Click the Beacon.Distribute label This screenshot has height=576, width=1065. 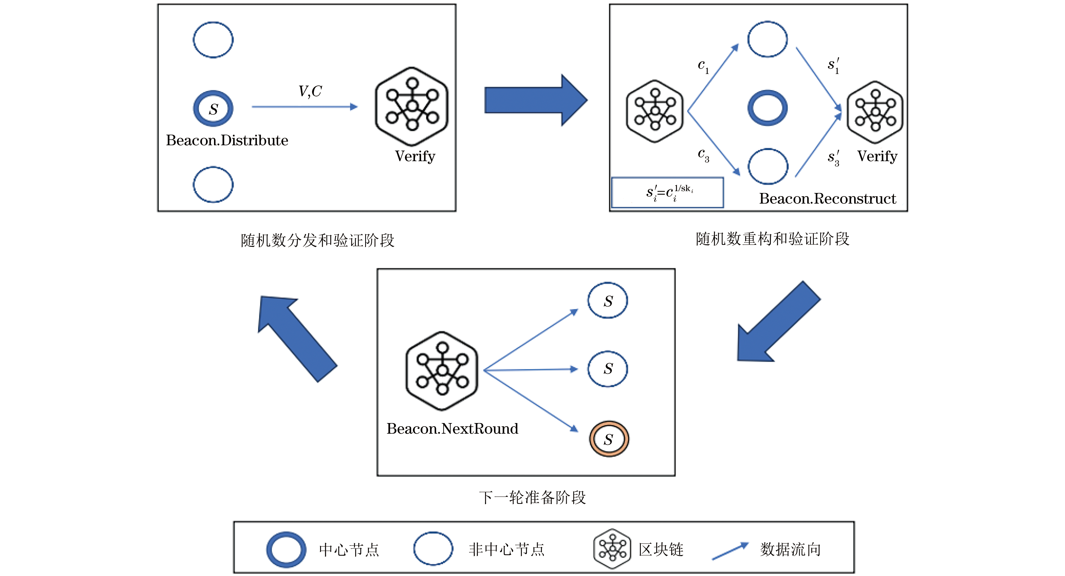click(x=227, y=140)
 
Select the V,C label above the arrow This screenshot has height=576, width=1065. click(x=310, y=91)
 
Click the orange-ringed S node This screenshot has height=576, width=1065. click(x=609, y=439)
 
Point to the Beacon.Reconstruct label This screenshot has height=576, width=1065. click(x=827, y=199)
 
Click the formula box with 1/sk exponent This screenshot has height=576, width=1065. click(x=667, y=192)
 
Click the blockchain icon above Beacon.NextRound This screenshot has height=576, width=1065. click(x=442, y=371)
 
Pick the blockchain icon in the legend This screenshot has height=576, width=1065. click(x=612, y=549)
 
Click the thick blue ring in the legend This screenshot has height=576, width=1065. click(x=286, y=549)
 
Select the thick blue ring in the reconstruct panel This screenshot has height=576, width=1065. click(x=767, y=108)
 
